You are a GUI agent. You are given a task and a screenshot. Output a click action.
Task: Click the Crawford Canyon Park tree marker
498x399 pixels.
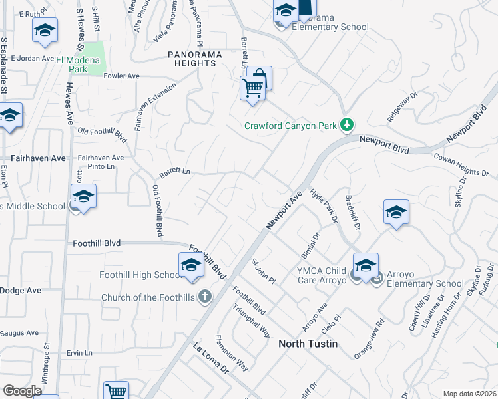pyautogui.click(x=346, y=124)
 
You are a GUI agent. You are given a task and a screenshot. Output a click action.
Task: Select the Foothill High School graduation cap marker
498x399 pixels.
pyautogui.click(x=190, y=265)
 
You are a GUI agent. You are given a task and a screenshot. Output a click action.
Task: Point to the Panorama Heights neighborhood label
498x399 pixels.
pyautogui.click(x=192, y=58)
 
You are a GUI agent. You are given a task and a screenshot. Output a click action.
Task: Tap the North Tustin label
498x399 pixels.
pyautogui.click(x=308, y=344)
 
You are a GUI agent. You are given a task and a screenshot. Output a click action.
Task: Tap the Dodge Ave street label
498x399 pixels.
pyautogui.click(x=21, y=290)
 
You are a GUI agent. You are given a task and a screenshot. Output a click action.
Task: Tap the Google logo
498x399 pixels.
pyautogui.click(x=23, y=391)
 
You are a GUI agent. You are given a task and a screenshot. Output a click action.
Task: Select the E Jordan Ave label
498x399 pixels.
pyautogui.click(x=32, y=59)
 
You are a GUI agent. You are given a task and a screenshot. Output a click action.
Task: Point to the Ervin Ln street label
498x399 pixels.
pyautogui.click(x=79, y=352)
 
